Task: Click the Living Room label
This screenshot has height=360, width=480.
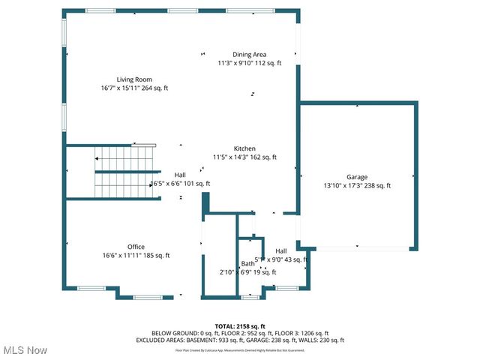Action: (134, 79)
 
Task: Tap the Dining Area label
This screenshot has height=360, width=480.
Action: (249, 55)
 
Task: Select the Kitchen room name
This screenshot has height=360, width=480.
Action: (244, 148)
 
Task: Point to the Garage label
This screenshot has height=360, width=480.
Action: (356, 177)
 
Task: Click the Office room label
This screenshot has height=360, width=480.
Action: (136, 247)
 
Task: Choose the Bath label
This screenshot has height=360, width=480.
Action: (247, 263)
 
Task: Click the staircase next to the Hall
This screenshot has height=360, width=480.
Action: (124, 171)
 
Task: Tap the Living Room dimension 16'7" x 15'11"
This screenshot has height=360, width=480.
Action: (134, 88)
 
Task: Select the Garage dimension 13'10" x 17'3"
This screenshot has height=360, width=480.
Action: (356, 186)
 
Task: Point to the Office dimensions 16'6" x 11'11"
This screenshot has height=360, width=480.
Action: (136, 256)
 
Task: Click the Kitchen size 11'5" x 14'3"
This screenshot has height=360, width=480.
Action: (244, 157)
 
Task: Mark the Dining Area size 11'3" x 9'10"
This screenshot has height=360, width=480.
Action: (249, 64)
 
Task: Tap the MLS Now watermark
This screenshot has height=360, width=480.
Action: (25, 350)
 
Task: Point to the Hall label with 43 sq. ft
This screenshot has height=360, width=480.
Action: (281, 250)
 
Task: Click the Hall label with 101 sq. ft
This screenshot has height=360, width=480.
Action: (180, 175)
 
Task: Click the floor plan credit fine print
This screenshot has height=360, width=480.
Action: (240, 349)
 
